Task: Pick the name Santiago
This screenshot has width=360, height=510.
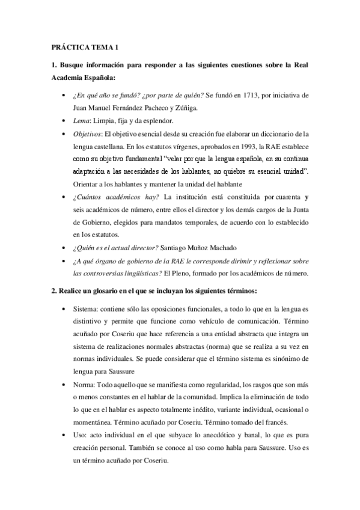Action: [x=195, y=247]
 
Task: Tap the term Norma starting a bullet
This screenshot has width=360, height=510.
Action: [x=84, y=385]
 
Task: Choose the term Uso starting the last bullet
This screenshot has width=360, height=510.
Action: [x=79, y=436]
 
